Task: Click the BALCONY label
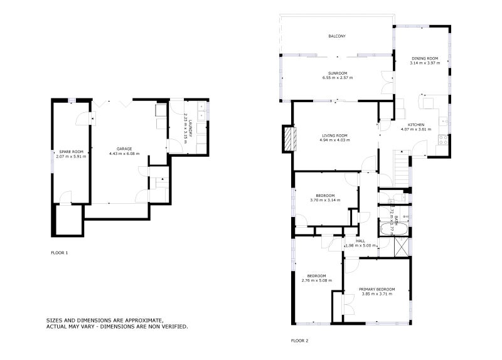tap(337, 36)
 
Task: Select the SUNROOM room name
tap(338, 73)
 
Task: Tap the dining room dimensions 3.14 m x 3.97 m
tap(424, 63)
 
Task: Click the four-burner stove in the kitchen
tap(444, 139)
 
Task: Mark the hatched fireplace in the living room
tap(289, 139)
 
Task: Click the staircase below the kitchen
tap(400, 166)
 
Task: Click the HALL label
tap(360, 241)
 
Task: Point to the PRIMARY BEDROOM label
tap(377, 289)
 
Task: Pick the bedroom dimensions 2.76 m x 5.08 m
tap(316, 280)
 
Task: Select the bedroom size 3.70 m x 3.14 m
tap(325, 200)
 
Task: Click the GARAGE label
tap(124, 149)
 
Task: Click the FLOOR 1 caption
tap(59, 252)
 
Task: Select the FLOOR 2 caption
tap(299, 341)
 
